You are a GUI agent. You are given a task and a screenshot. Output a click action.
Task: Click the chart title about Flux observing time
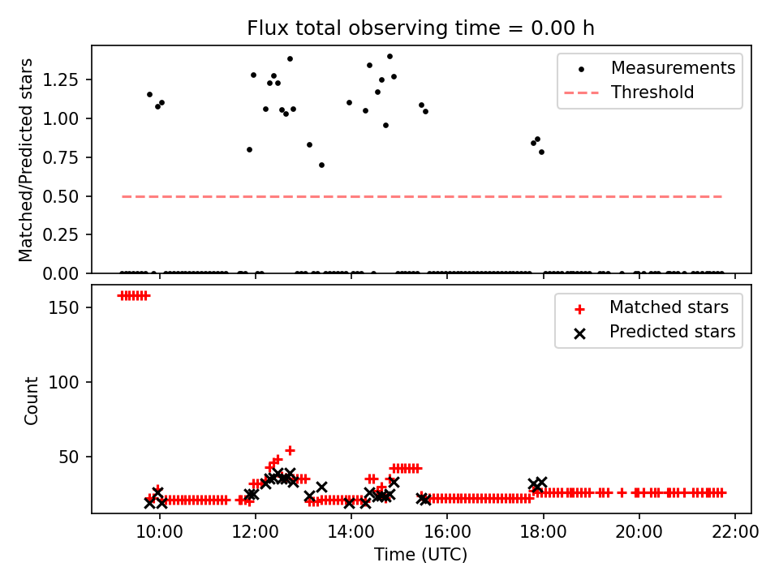pyautogui.click(x=420, y=28)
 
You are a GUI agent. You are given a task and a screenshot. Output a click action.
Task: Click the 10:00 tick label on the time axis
pyautogui.click(x=160, y=532)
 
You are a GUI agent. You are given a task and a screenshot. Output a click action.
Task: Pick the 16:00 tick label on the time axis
pyautogui.click(x=447, y=532)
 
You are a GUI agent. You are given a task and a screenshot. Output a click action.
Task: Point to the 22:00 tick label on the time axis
pyautogui.click(x=735, y=532)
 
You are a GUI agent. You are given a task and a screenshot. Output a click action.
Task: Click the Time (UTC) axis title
pyautogui.click(x=420, y=555)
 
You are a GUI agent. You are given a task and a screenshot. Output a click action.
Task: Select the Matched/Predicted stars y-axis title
pyautogui.click(x=27, y=160)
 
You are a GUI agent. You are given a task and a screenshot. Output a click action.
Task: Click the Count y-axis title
pyautogui.click(x=32, y=400)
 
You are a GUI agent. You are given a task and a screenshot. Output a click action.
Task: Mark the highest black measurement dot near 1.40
pyautogui.click(x=389, y=57)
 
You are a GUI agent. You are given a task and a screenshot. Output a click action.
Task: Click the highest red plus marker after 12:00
pyautogui.click(x=290, y=450)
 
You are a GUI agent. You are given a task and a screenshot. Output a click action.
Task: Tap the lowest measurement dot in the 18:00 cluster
pyautogui.click(x=541, y=152)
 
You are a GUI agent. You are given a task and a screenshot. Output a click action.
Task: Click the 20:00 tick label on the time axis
pyautogui.click(x=639, y=532)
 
